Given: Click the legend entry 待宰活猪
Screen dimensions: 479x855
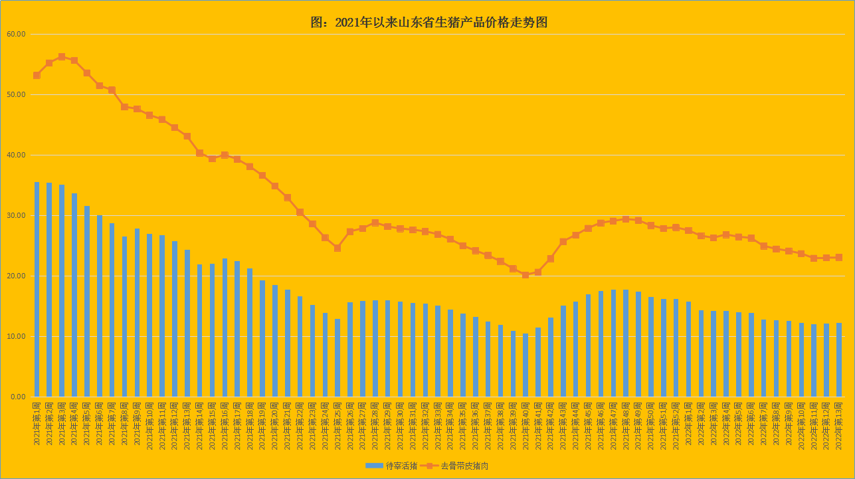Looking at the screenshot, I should [391, 466].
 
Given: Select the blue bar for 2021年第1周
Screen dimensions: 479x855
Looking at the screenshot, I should [37, 289].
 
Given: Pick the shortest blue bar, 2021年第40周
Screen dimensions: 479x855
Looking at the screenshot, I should [525, 365].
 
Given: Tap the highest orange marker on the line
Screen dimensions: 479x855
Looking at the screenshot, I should [62, 57].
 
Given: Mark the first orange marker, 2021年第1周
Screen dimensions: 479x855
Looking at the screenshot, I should [37, 76].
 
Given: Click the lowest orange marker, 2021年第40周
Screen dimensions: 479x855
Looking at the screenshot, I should [525, 275].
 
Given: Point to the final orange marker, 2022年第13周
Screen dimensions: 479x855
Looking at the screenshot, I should [838, 257].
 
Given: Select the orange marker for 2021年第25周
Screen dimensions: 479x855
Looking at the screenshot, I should [337, 248].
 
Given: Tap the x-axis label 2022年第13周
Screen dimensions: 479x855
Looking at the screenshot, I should [839, 425].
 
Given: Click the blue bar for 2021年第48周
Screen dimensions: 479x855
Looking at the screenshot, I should [626, 343].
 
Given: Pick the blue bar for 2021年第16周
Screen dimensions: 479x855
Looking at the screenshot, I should [225, 328].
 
